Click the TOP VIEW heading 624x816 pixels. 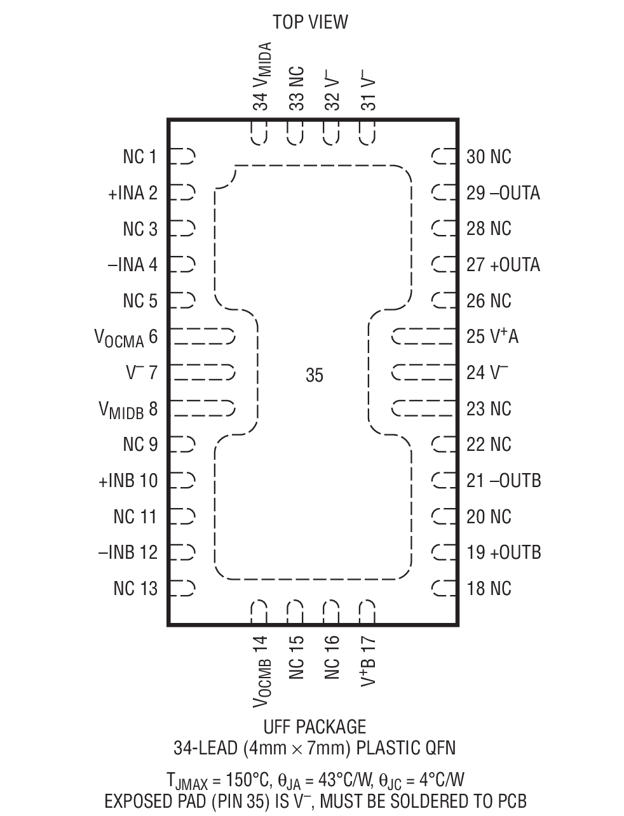coord(310,22)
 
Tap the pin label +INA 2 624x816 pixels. coord(133,193)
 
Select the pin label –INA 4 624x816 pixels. coord(132,265)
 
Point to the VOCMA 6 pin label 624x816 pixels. coord(126,337)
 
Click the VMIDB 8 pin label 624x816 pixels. coord(128,410)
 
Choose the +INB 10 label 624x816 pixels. coord(128,481)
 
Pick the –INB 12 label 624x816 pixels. coord(128,552)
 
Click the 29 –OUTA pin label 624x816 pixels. coord(503,193)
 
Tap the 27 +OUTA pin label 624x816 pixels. coord(503,265)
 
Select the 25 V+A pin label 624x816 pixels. coord(492,337)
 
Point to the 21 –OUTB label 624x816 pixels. coord(504,481)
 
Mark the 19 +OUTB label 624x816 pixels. coord(504,552)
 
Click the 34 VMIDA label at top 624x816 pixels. coord(262,76)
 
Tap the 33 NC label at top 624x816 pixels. coord(296,88)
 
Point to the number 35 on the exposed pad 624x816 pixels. coord(315,376)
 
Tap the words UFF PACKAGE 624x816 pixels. coord(315,726)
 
